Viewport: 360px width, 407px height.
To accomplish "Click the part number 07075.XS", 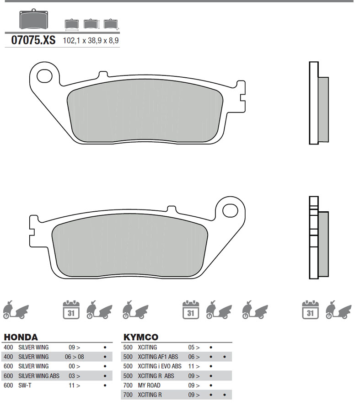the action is tap(33, 40).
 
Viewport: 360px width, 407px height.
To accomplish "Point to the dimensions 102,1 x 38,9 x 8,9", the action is tap(91, 41).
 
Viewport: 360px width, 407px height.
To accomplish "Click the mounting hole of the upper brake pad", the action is tap(44, 76).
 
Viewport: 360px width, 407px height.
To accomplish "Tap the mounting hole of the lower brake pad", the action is tap(230, 210).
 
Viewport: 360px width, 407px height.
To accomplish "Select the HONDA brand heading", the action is tap(21, 337).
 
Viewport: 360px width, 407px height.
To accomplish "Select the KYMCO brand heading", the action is tap(141, 337).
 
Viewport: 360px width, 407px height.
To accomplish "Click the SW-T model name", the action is tap(25, 386).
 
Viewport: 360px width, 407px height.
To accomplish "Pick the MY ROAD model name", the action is tap(149, 386).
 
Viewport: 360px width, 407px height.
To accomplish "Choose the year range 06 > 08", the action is tap(75, 357).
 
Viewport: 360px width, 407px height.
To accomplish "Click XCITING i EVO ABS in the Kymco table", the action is tap(160, 366).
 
